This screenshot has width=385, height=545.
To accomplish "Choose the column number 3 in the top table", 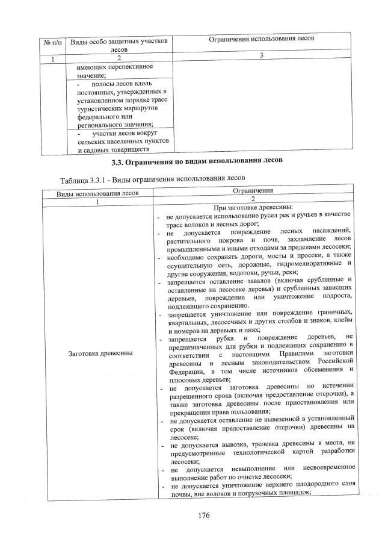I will click(262, 55).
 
